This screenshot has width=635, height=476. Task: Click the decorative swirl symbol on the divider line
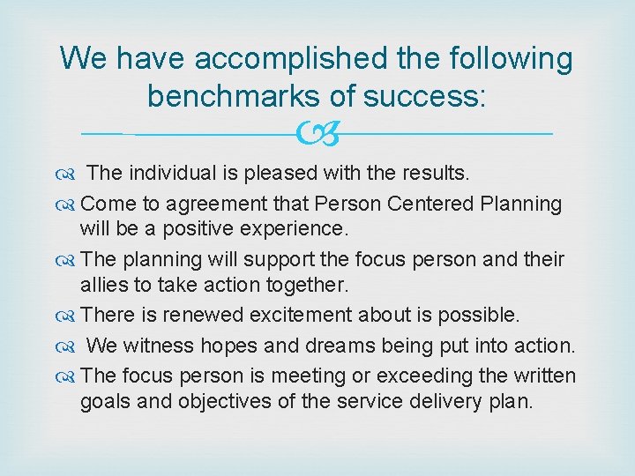(x=317, y=134)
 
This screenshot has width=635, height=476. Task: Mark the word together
(x=301, y=285)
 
